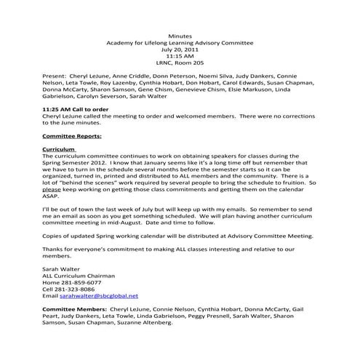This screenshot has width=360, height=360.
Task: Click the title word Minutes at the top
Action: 180,35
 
